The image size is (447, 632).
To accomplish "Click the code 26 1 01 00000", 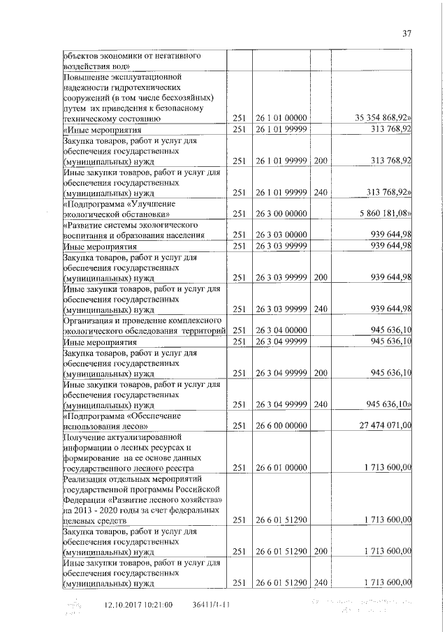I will [x=279, y=119].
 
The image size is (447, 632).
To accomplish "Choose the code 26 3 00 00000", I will [x=279, y=213].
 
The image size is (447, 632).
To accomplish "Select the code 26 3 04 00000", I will [x=279, y=330].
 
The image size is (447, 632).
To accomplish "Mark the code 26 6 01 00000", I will [x=279, y=468].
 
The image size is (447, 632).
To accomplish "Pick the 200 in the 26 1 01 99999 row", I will [x=320, y=161].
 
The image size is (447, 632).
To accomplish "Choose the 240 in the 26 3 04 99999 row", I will [x=320, y=404].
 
